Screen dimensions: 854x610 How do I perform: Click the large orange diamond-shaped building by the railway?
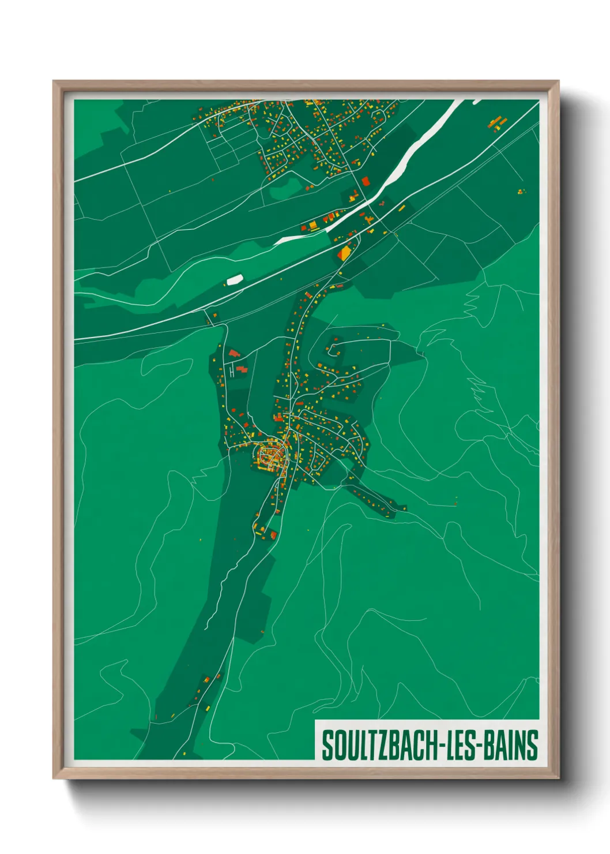[x=345, y=253]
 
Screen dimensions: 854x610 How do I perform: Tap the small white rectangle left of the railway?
[x=234, y=280]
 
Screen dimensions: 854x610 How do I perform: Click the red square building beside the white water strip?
[x=366, y=181]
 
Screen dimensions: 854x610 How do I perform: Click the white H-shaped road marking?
[x=232, y=372]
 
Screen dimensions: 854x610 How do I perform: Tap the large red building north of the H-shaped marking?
[x=234, y=353]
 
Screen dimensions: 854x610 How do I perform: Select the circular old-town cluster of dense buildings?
[x=270, y=456]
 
